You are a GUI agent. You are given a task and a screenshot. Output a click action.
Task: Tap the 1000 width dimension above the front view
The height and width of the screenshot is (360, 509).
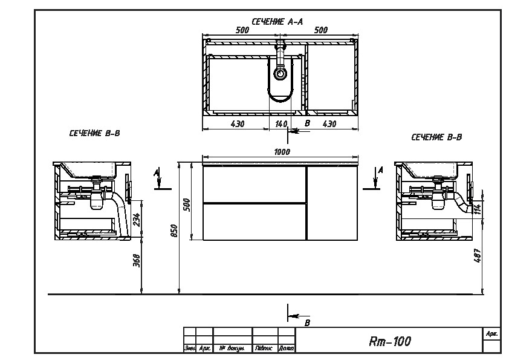(x=282, y=152)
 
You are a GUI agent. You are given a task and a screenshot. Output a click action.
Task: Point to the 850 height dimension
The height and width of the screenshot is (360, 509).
(x=174, y=231)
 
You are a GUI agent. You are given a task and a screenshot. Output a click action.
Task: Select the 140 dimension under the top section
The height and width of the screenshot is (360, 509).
(x=280, y=124)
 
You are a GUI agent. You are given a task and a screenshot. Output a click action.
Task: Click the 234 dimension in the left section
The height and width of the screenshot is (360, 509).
(x=137, y=220)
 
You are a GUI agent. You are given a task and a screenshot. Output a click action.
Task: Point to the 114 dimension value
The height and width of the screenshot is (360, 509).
(x=477, y=209)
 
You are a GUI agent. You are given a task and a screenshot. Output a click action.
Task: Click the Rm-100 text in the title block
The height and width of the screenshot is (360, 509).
(x=389, y=342)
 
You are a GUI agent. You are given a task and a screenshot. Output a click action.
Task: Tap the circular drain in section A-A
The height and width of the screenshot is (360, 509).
(x=280, y=74)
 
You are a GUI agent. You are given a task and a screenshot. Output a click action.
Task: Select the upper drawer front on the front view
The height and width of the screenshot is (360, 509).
(x=254, y=183)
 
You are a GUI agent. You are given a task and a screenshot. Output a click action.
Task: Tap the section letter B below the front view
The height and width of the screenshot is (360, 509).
(x=307, y=323)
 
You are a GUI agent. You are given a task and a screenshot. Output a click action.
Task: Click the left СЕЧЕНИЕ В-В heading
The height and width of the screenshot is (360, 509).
(x=94, y=133)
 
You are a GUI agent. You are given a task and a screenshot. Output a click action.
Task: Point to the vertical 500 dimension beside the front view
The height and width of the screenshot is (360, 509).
(x=187, y=204)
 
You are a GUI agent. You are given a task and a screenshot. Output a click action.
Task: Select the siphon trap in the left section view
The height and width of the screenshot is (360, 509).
(x=97, y=201)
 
